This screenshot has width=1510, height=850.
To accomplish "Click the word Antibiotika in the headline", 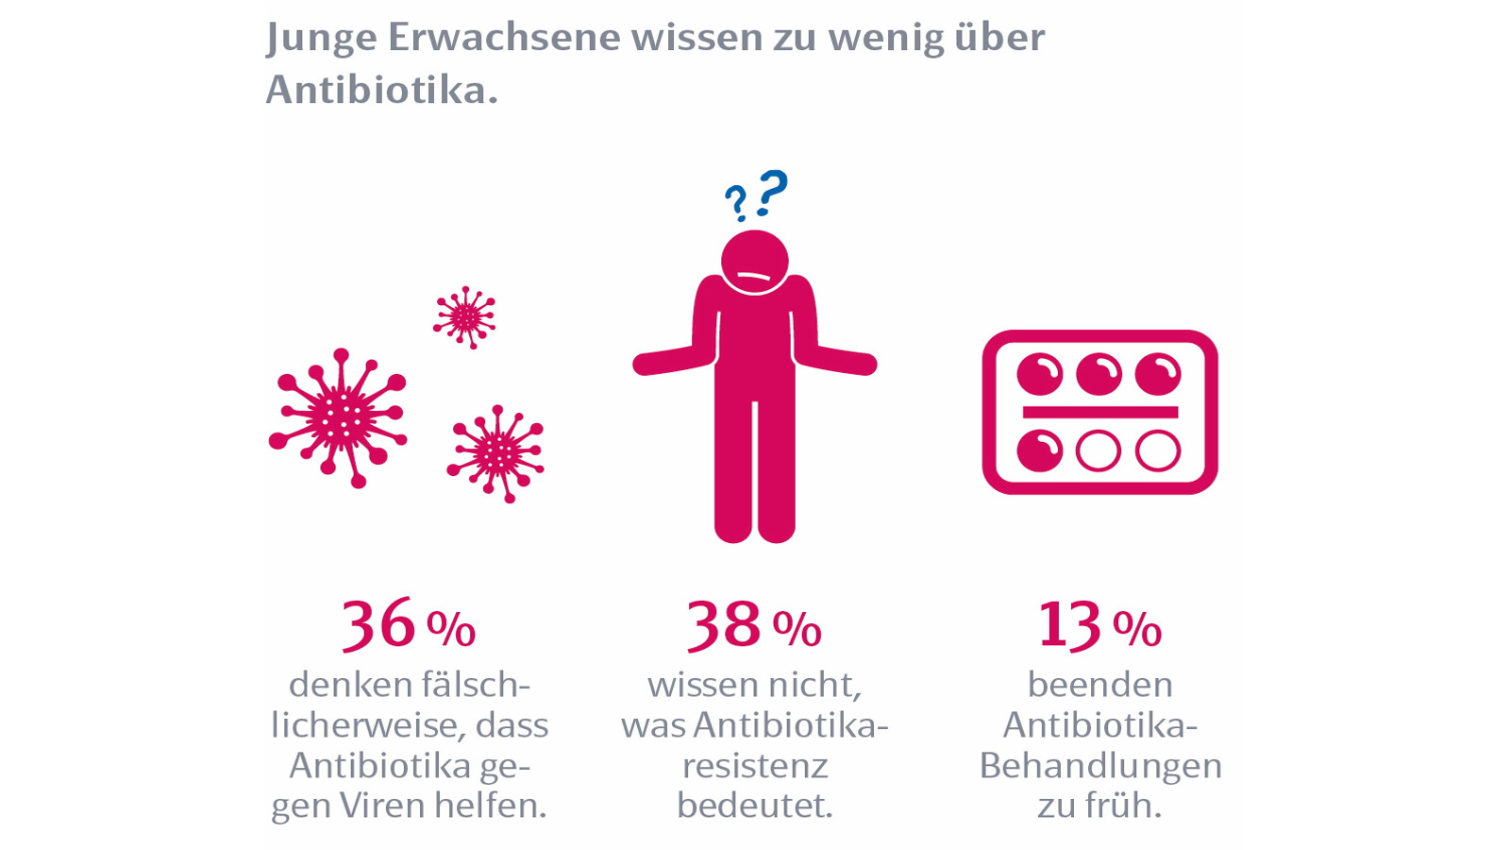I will (x=375, y=90).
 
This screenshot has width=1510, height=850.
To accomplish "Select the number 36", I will (x=378, y=624).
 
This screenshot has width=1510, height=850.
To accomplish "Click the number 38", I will (x=724, y=624).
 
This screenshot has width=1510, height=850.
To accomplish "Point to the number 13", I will (x=1069, y=624).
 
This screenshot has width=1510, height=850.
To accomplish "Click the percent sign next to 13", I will (x=1137, y=629).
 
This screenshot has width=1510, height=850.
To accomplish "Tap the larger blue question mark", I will (x=773, y=192).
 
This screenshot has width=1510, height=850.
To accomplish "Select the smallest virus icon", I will (x=464, y=317).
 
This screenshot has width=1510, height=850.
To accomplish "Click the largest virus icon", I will (x=339, y=416).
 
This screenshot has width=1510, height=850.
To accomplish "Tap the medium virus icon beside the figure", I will (x=496, y=454).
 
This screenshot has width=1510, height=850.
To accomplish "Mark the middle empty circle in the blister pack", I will (x=1099, y=451).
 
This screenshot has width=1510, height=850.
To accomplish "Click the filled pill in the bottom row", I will (x=1040, y=451).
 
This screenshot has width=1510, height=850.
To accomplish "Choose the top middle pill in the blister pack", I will (x=1099, y=374).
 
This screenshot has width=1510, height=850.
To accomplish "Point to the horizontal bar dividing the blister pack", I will (x=1100, y=412).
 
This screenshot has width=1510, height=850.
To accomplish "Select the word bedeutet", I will (x=755, y=806).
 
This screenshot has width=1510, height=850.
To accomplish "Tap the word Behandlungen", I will (x=1100, y=765).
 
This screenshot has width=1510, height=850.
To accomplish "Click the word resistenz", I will (x=755, y=765).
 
